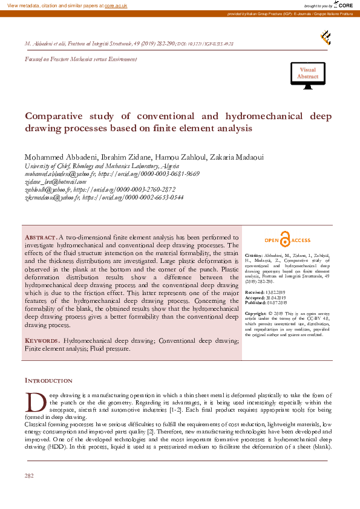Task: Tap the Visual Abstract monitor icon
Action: pos(307,74)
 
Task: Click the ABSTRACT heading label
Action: pos(41,236)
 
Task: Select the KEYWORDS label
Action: pos(42,341)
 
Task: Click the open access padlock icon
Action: pos(284,240)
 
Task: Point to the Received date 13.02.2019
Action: pos(278,292)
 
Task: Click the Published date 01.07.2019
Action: pos(280,302)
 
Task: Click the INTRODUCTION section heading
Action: pos(48,381)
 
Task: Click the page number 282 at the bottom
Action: pos(29,476)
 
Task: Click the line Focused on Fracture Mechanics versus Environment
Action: pos(80,59)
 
